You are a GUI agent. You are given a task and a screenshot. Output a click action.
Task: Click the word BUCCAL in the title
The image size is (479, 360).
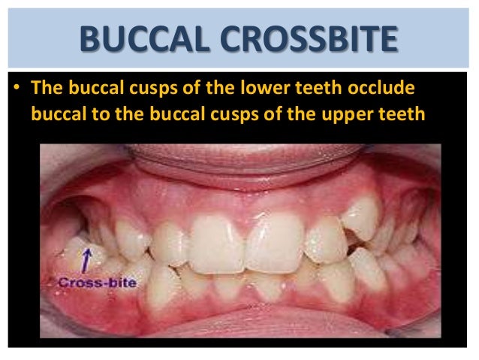(137, 38)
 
